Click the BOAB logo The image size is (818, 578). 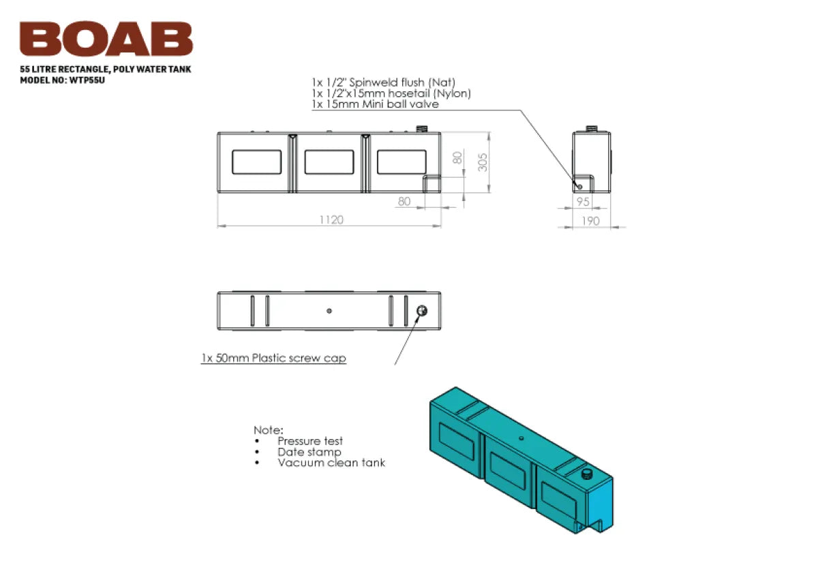(x=106, y=39)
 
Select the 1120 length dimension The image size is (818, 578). (x=331, y=219)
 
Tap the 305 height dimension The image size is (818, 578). (x=483, y=162)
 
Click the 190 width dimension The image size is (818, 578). (x=592, y=220)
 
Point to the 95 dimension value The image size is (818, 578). (x=582, y=202)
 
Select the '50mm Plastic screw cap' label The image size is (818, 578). (x=273, y=358)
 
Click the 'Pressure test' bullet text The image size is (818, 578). (x=309, y=441)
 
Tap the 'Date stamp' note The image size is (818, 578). (x=309, y=452)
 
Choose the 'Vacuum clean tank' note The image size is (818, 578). (x=331, y=463)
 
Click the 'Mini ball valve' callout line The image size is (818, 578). (x=375, y=104)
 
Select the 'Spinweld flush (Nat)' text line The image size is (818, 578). (x=383, y=82)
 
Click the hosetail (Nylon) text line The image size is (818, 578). (x=391, y=93)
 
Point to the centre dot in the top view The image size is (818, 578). (x=329, y=311)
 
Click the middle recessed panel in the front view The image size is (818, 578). (x=329, y=162)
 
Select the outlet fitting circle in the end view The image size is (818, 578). (x=579, y=186)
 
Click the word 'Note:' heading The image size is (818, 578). (x=268, y=430)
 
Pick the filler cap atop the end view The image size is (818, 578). (x=591, y=128)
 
